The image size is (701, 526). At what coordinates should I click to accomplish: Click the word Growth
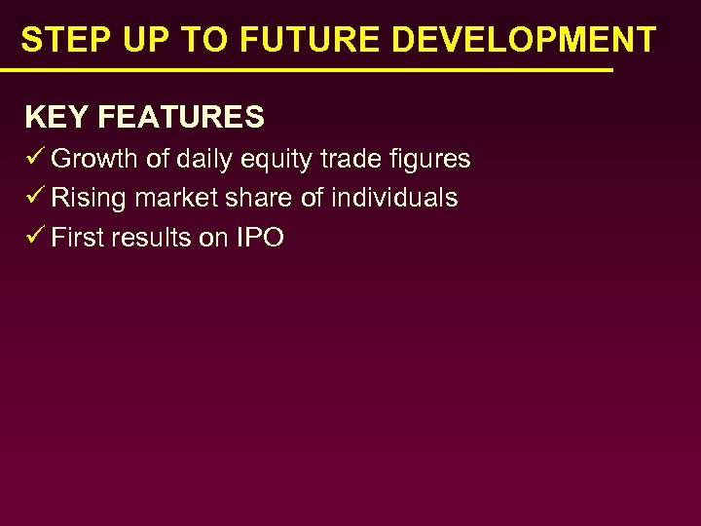point(94,159)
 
